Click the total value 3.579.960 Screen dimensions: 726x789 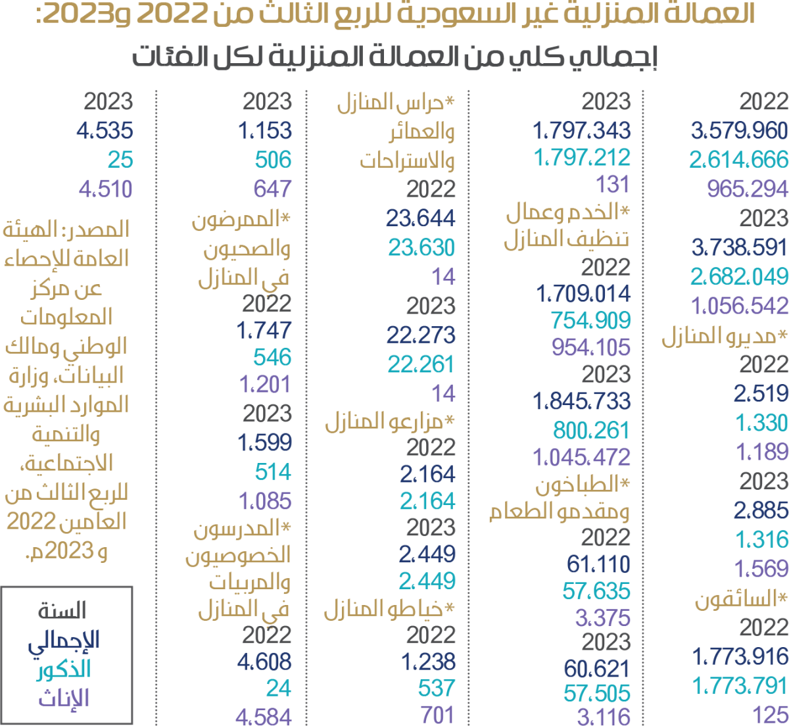[x=739, y=130]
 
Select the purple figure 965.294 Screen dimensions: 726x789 [x=747, y=189]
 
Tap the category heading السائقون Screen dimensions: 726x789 [x=741, y=599]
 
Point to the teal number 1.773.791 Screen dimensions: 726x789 [x=740, y=686]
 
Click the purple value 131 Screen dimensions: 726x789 [x=613, y=184]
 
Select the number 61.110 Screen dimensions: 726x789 [x=598, y=564]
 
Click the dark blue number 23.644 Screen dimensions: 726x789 [x=420, y=218]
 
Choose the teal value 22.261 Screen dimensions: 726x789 [x=421, y=364]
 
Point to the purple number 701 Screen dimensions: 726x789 [x=437, y=715]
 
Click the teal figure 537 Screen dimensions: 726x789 [x=437, y=688]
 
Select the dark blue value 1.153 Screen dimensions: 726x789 [x=265, y=130]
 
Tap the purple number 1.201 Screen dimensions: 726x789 [x=265, y=384]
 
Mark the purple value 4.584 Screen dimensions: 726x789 [x=263, y=716]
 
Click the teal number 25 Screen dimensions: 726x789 [x=120, y=159]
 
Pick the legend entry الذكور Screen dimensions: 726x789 [x=63, y=669]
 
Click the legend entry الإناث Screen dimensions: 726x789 [x=63, y=698]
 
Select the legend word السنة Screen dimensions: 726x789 [x=62, y=611]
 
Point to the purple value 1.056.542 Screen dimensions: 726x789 [x=739, y=306]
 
